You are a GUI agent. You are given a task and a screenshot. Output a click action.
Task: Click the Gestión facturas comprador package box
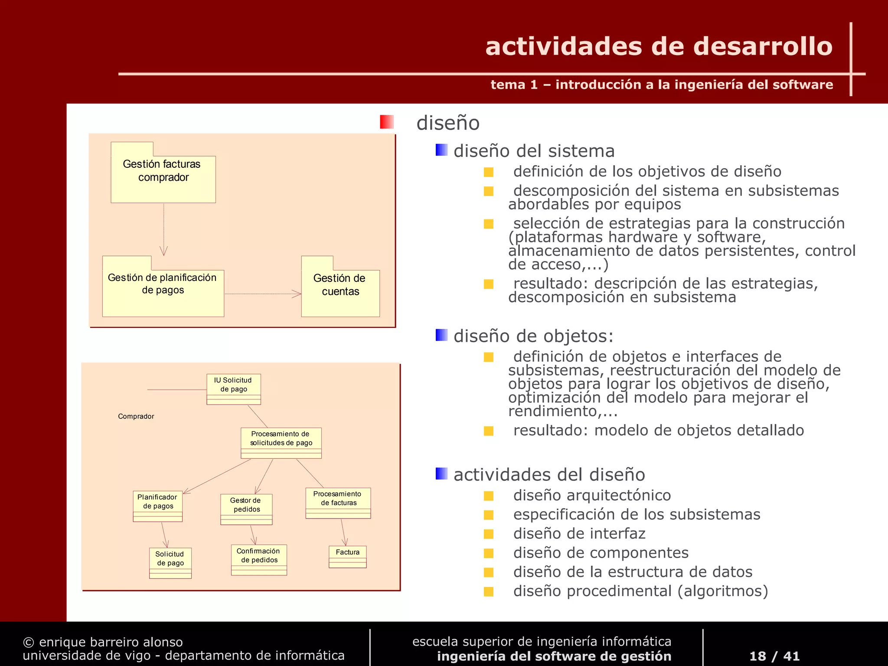pos(163,178)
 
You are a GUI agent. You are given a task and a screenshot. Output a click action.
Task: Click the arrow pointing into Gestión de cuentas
pos(297,294)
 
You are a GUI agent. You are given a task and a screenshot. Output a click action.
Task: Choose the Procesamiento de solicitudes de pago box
pos(281,443)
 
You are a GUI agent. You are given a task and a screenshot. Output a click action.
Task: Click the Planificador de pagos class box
pos(158,506)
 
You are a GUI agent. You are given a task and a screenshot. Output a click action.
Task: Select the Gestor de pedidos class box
pos(246,509)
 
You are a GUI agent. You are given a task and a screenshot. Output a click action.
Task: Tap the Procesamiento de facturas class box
pos(338,503)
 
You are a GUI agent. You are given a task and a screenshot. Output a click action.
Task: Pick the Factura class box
pos(348,556)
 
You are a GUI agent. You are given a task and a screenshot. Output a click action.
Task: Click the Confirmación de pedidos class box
pos(259,559)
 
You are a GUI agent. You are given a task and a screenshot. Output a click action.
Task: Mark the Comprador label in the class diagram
pos(136,416)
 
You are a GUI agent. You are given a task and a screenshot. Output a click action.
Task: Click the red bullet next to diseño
pos(386,122)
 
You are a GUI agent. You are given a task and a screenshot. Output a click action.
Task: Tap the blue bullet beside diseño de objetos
pos(441,335)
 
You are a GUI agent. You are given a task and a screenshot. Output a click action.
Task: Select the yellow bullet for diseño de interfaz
pos(489,534)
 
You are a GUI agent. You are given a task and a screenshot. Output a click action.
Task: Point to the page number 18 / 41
pos(774,656)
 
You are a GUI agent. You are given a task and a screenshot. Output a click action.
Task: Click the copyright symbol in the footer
pos(28,642)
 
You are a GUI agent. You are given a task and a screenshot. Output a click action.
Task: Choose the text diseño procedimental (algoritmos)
pos(640,591)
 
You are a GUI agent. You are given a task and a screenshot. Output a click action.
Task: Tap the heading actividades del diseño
pos(549,475)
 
